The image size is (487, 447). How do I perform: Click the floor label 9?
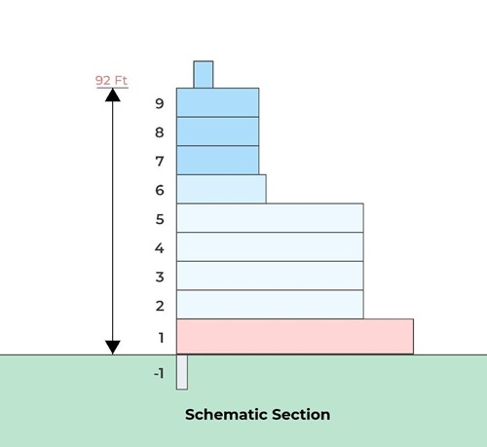tap(160, 104)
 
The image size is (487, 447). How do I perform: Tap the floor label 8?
tap(160, 132)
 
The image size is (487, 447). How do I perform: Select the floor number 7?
tap(160, 162)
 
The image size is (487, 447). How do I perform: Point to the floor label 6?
tap(160, 190)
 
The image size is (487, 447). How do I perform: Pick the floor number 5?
tap(160, 219)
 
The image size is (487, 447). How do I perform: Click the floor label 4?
tap(160, 248)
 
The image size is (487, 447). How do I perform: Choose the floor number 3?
tap(160, 277)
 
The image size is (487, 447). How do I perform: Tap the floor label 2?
tap(160, 306)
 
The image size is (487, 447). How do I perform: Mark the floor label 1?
tap(161, 338)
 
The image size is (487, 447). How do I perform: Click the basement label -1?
tap(159, 374)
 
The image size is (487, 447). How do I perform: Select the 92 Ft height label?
tap(111, 80)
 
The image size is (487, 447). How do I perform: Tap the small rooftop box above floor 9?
tap(204, 74)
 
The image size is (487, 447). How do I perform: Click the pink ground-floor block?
tap(295, 337)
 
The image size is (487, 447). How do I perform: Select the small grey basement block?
tap(182, 372)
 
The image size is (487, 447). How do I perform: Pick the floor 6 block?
tap(221, 189)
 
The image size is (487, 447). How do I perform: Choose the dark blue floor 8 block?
tap(217, 131)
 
